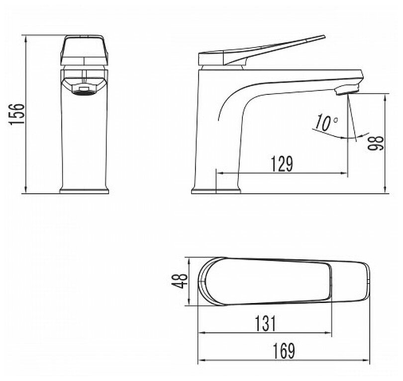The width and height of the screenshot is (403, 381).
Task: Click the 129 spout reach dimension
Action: pyautogui.click(x=282, y=163)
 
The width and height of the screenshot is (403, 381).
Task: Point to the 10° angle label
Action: pyautogui.click(x=326, y=123)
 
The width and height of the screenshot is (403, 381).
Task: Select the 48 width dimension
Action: pyautogui.click(x=181, y=281)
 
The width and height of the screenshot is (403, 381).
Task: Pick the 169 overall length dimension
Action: pyautogui.click(x=284, y=351)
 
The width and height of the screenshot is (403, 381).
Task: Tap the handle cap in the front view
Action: pyautogui.click(x=84, y=49)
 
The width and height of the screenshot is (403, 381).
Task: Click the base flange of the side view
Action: pyautogui.click(x=216, y=190)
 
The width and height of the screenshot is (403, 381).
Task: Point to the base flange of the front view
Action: pyautogui.click(x=84, y=190)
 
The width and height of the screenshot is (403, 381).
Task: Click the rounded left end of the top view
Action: pyautogui.click(x=202, y=281)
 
